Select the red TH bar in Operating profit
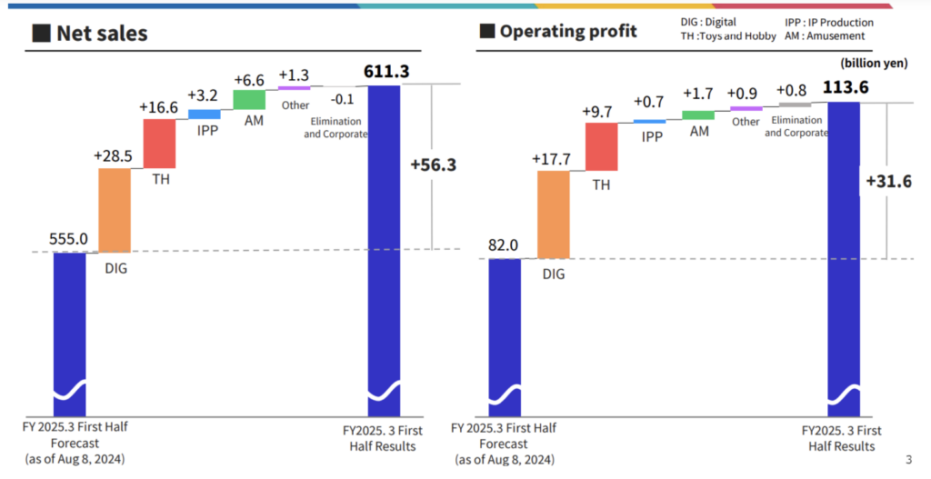click(602, 147)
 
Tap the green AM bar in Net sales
click(249, 100)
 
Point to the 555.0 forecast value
click(69, 240)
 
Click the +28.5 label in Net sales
click(114, 155)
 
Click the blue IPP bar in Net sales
click(204, 115)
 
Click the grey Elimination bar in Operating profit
click(795, 105)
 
